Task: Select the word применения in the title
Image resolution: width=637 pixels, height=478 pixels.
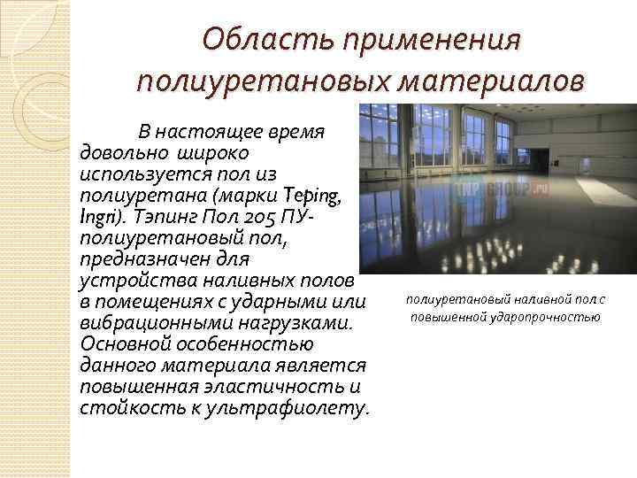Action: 434,42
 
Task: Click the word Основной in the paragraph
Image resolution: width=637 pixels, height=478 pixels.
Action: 115,343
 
